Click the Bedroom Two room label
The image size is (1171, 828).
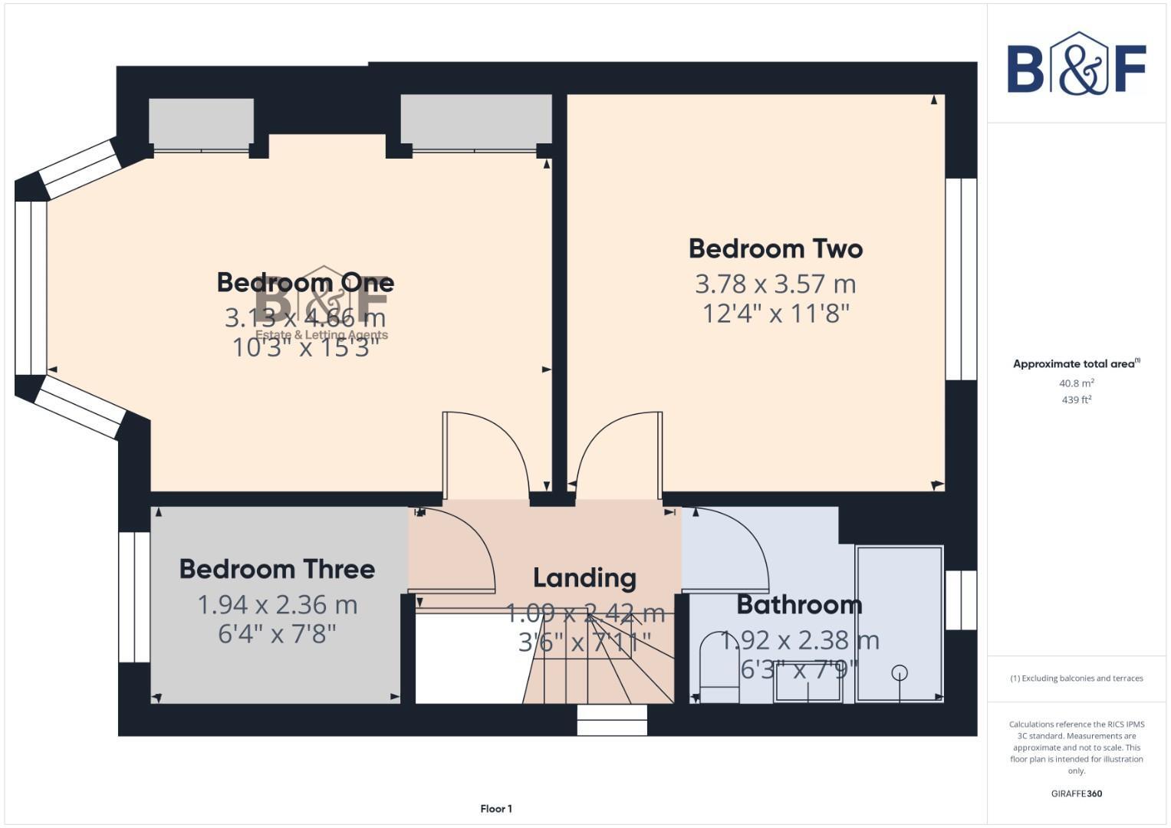coord(775,249)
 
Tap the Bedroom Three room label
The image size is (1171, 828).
coord(277,570)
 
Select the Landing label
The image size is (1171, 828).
coord(584,578)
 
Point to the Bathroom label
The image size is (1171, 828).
coord(799,605)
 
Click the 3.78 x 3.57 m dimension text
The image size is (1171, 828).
coord(775,284)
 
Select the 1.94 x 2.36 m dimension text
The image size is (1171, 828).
coord(277,605)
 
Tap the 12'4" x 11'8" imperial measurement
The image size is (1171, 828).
coord(775,314)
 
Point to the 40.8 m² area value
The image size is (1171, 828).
coord(1076,383)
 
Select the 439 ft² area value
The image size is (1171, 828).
coord(1076,400)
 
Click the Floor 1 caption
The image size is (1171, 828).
coord(496,809)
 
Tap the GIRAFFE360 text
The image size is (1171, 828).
coord(1076,793)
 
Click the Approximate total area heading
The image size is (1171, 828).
coord(1076,364)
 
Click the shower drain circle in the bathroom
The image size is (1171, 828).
coord(900,672)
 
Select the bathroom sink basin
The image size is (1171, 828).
coord(808,683)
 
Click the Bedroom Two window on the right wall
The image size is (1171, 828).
coord(961,280)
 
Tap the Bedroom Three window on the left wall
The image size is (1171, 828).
coord(134,596)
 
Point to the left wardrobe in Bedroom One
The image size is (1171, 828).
coord(201,123)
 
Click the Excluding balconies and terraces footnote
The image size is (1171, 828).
coord(1076,678)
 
